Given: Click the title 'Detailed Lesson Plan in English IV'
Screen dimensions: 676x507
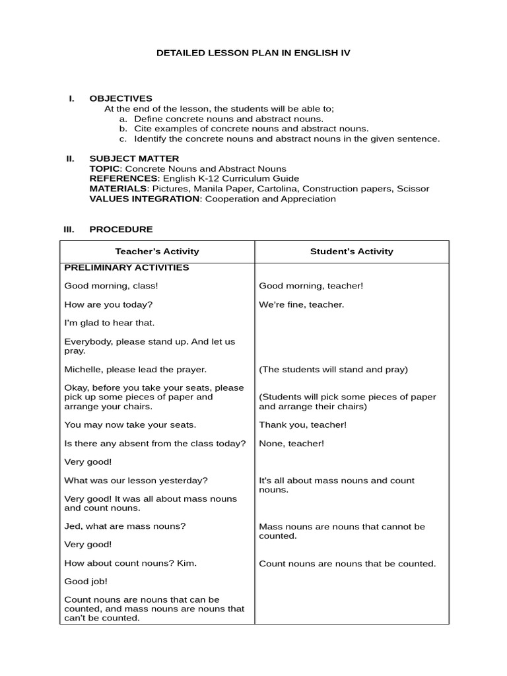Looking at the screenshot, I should (253, 52).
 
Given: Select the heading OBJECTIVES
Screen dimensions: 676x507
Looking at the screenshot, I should (121, 98).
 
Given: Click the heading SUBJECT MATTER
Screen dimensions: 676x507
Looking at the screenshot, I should (134, 158).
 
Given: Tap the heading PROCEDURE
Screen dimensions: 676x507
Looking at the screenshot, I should (121, 229).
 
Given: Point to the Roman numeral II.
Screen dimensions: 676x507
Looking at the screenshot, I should (70, 158).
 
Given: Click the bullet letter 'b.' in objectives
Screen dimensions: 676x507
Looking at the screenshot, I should (123, 129).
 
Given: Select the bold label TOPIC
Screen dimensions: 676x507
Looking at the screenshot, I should (102, 169).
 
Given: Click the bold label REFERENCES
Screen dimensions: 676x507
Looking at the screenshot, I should (123, 178).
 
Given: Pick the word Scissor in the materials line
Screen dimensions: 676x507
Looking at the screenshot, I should (413, 189).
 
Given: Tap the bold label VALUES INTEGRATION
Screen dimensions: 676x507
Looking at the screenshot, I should (144, 199).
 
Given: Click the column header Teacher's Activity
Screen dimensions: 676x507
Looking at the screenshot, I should (157, 252).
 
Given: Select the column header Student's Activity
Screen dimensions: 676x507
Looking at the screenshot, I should (351, 252).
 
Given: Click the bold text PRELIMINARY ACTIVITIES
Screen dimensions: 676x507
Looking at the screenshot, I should (127, 267).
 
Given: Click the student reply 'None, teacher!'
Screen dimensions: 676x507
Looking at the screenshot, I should (291, 444).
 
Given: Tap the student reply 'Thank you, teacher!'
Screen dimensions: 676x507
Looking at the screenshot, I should (302, 425).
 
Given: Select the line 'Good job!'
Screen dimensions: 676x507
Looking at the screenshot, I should (86, 582).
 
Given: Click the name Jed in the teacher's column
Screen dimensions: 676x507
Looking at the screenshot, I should (73, 526).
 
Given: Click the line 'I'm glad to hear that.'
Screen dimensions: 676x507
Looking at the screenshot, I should (109, 323).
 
